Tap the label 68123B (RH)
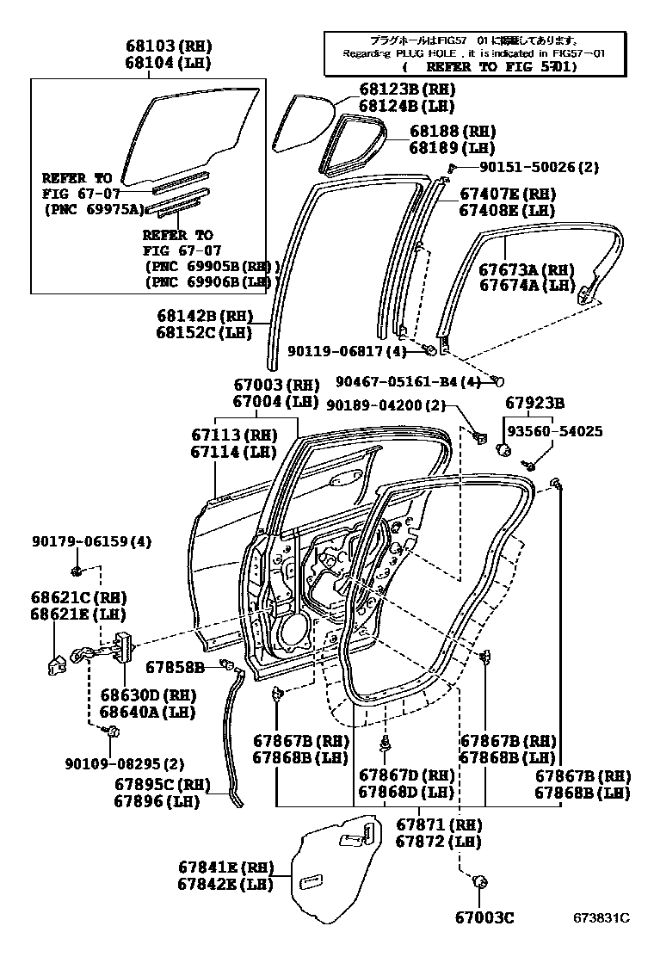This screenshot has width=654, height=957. [x=406, y=90]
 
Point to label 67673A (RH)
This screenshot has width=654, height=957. [x=527, y=269]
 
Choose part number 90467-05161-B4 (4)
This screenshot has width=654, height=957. [x=408, y=382]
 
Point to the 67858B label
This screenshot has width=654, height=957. [x=175, y=666]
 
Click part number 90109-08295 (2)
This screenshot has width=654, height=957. [x=124, y=763]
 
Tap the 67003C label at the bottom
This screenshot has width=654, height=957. [x=484, y=917]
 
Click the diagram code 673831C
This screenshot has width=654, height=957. [x=602, y=917]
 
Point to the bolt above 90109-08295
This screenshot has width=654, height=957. [x=110, y=731]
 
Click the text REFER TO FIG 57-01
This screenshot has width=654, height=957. [x=486, y=66]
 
